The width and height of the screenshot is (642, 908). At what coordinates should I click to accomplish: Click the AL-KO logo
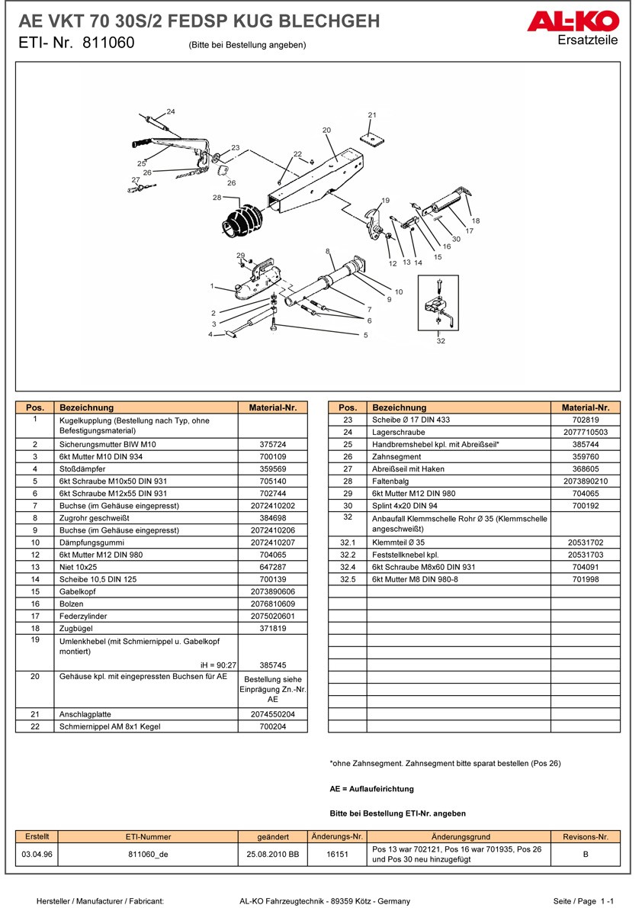(582, 22)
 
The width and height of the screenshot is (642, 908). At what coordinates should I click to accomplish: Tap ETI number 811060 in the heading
(106, 43)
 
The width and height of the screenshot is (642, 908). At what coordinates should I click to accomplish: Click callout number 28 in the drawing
(217, 198)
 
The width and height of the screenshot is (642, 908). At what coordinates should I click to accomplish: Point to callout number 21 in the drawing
(372, 115)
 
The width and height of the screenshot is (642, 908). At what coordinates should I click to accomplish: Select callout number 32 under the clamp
(441, 341)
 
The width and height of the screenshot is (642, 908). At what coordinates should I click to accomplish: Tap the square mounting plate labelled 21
(371, 140)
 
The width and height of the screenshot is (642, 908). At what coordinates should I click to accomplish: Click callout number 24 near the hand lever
(171, 111)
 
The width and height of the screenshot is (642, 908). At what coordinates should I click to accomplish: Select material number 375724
(273, 444)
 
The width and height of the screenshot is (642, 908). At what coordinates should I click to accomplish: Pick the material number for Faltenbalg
(586, 481)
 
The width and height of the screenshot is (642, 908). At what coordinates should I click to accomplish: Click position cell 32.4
(348, 567)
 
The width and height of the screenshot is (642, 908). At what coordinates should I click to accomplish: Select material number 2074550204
(273, 714)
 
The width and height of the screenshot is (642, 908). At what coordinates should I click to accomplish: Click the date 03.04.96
(37, 855)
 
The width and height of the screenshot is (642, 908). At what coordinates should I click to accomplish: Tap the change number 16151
(337, 855)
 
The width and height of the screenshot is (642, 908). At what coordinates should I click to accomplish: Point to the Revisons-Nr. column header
(585, 837)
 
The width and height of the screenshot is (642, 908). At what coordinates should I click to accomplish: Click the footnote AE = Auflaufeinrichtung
(371, 788)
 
